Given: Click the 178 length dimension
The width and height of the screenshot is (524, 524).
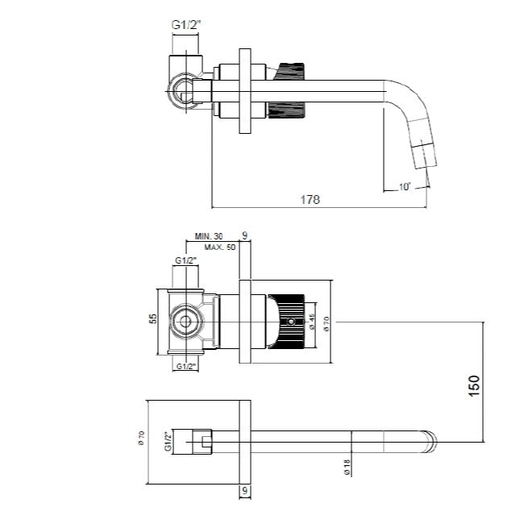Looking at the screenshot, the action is click(310, 199).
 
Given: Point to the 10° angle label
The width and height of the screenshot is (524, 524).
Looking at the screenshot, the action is click(405, 187).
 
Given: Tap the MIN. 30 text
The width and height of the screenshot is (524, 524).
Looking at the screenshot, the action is click(209, 236).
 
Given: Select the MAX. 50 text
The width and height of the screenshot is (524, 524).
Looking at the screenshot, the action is click(220, 247).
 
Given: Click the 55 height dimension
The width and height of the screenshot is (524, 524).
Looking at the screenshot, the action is click(152, 318).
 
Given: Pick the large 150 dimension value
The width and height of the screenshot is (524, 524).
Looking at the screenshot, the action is click(474, 385).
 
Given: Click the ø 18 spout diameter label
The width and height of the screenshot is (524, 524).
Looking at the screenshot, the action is click(347, 467).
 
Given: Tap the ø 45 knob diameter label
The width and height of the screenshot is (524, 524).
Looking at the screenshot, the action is click(312, 322).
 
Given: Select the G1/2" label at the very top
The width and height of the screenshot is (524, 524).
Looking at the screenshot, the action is click(185, 25).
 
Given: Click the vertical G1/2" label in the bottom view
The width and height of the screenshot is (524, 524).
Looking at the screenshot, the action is click(168, 442).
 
